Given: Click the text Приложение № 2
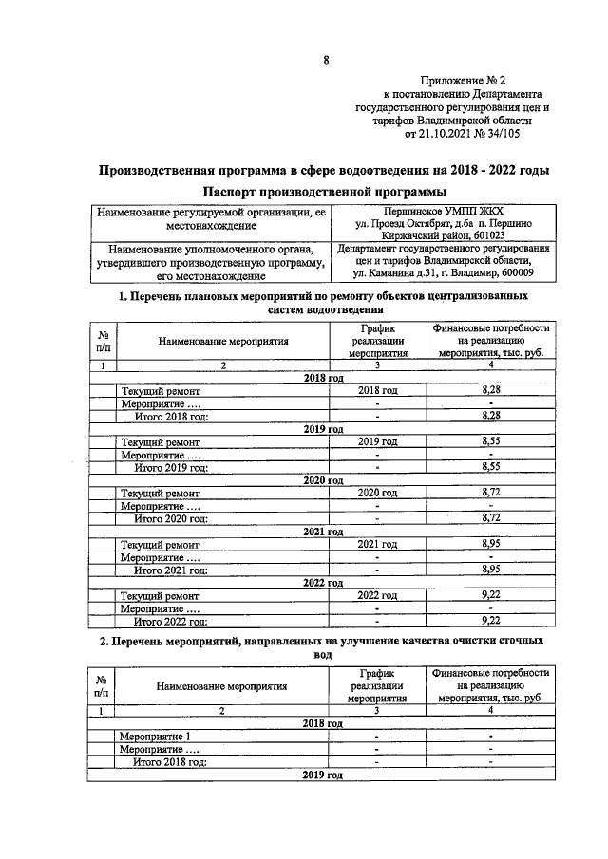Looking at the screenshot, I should click(x=462, y=83).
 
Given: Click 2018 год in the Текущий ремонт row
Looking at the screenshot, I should click(x=377, y=390).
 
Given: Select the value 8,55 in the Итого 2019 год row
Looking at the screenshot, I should click(x=491, y=467).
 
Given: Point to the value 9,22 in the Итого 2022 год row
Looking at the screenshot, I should click(x=491, y=621).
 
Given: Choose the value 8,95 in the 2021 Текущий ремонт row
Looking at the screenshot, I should click(x=491, y=544).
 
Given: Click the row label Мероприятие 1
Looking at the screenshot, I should click(x=155, y=736).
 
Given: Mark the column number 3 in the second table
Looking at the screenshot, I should click(x=377, y=710).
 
